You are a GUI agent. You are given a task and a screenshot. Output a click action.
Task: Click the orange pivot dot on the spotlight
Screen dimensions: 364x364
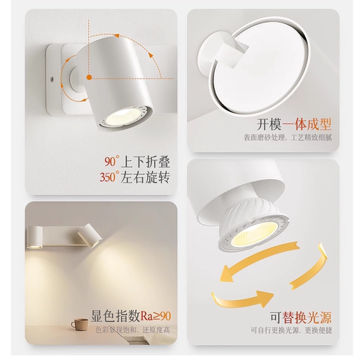tap(89, 76)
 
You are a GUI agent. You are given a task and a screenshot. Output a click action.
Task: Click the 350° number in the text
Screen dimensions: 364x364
tap(110, 176)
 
